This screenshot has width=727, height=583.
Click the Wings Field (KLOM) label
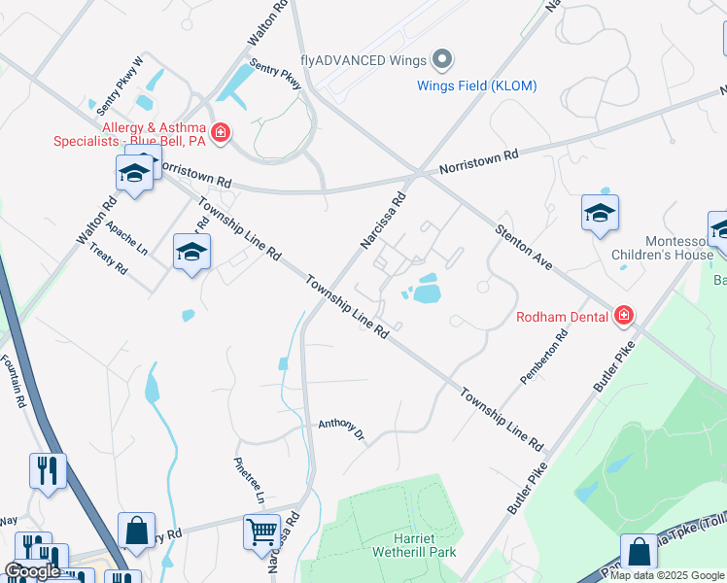(476, 86)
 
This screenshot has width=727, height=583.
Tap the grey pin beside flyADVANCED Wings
(443, 60)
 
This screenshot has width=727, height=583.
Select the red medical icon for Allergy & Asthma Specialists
(222, 132)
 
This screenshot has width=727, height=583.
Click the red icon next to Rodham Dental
(623, 315)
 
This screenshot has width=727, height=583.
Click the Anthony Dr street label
(340, 428)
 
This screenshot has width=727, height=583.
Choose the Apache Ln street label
(127, 235)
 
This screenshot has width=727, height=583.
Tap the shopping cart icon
(261, 532)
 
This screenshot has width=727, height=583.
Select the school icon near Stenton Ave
(600, 214)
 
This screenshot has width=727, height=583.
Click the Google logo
(33, 571)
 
